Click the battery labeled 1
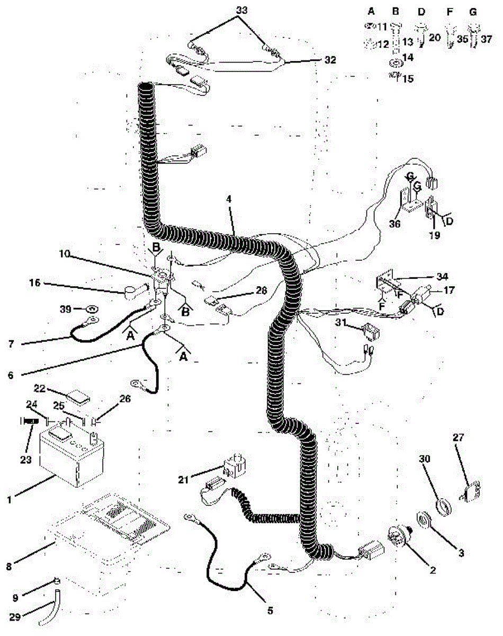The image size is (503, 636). (71, 456)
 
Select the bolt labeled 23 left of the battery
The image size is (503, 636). (30, 421)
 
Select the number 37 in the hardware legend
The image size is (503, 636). (486, 39)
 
